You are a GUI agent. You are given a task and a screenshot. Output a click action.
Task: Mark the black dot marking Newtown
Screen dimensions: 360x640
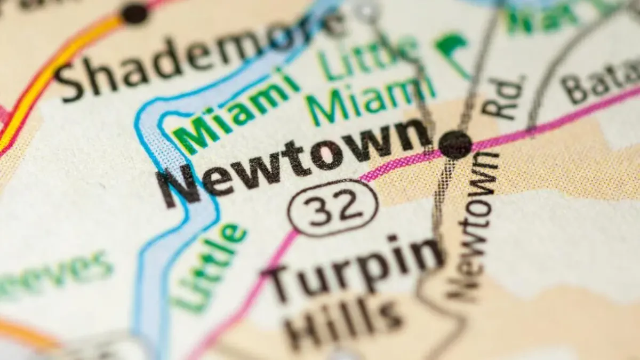click(x=455, y=144)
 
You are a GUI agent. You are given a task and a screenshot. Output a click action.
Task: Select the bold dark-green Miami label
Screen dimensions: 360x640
click(x=235, y=112)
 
